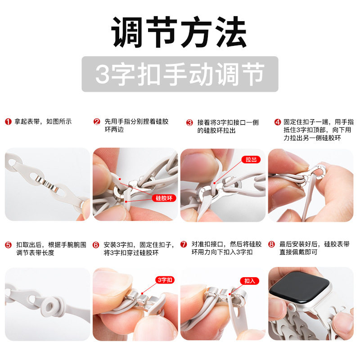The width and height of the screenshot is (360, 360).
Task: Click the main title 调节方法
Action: click(x=180, y=32)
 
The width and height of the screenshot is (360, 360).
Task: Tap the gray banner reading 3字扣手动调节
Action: click(x=180, y=74)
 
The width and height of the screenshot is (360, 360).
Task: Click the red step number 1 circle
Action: click(x=8, y=121)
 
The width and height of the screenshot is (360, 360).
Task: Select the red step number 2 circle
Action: click(x=97, y=122)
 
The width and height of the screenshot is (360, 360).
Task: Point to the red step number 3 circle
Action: click(x=189, y=122)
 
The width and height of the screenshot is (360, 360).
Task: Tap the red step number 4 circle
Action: click(x=278, y=122)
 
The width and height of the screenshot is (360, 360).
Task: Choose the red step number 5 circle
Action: click(x=8, y=245)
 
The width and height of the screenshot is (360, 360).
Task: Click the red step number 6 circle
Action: click(x=96, y=245)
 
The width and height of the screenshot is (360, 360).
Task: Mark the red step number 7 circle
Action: click(x=184, y=245)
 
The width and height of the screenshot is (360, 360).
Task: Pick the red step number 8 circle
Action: click(x=271, y=245)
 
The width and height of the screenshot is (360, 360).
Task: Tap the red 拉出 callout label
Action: click(x=251, y=159)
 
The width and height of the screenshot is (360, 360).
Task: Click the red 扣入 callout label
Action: click(x=250, y=280)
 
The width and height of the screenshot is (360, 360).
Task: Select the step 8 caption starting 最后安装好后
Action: click(x=315, y=248)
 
